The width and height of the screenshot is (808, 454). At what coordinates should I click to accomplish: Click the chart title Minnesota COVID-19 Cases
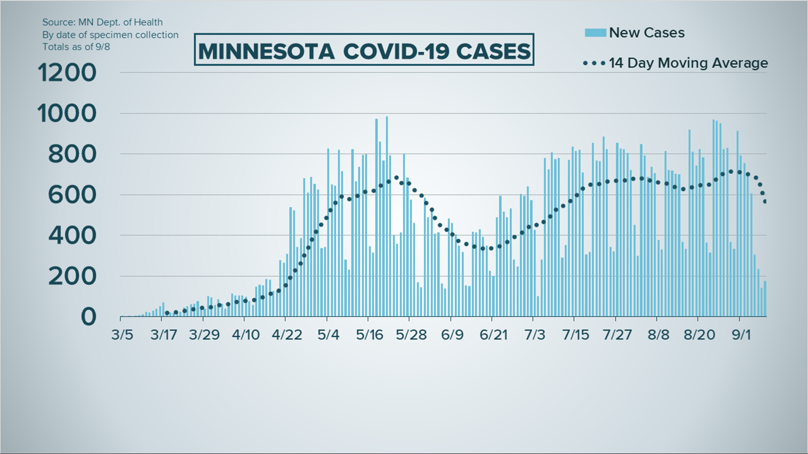click(364, 50)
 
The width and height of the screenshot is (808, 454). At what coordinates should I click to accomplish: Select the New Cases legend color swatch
click(595, 33)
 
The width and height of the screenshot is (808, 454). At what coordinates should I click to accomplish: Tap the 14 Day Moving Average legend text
click(688, 63)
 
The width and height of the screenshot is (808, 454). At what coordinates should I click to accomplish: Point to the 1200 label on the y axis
click(67, 73)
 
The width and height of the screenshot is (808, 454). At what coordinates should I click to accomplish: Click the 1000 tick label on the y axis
click(67, 113)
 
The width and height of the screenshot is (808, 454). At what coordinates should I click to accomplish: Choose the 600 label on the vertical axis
click(72, 195)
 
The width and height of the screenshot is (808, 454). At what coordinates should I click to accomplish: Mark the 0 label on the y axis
click(88, 317)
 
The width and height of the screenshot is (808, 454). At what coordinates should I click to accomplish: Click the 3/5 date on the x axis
click(122, 335)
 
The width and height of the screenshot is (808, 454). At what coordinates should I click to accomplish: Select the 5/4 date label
click(328, 335)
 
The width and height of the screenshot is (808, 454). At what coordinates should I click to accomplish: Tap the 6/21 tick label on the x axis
click(494, 335)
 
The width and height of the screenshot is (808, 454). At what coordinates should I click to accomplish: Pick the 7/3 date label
click(534, 335)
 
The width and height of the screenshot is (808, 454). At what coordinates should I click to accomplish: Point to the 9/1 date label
click(741, 335)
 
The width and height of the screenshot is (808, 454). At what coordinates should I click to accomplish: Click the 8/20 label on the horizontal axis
click(699, 335)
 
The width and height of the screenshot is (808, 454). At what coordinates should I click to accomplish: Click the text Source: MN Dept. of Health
click(102, 22)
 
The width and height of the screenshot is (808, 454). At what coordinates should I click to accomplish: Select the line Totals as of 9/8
click(76, 47)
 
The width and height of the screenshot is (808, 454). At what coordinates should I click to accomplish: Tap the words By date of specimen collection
click(110, 34)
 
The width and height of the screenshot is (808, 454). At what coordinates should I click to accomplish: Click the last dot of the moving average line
click(765, 202)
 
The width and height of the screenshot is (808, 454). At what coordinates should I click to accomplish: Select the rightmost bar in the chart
click(765, 298)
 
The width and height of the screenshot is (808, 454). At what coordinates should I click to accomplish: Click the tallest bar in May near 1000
click(387, 216)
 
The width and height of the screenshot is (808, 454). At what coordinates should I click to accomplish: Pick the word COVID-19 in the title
click(395, 51)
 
